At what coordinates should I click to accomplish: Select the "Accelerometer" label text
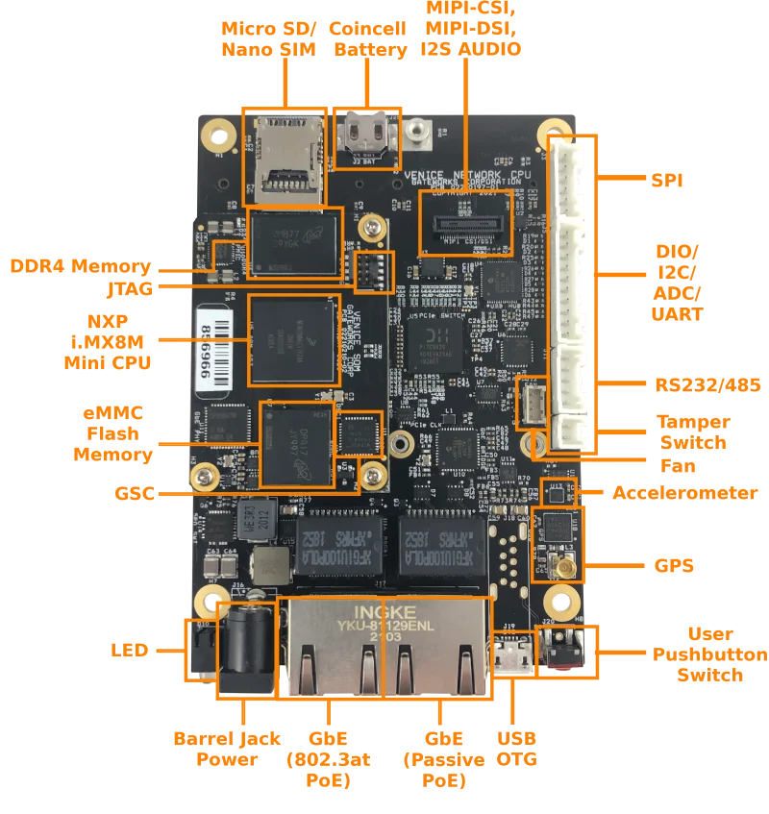pyautogui.click(x=683, y=492)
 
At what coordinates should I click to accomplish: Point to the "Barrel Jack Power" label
pyautogui.click(x=226, y=748)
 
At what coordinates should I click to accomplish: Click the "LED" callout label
pyautogui.click(x=130, y=651)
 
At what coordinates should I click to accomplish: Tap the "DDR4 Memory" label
pyautogui.click(x=80, y=265)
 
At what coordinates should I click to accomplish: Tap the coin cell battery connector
pyautogui.click(x=368, y=137)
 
